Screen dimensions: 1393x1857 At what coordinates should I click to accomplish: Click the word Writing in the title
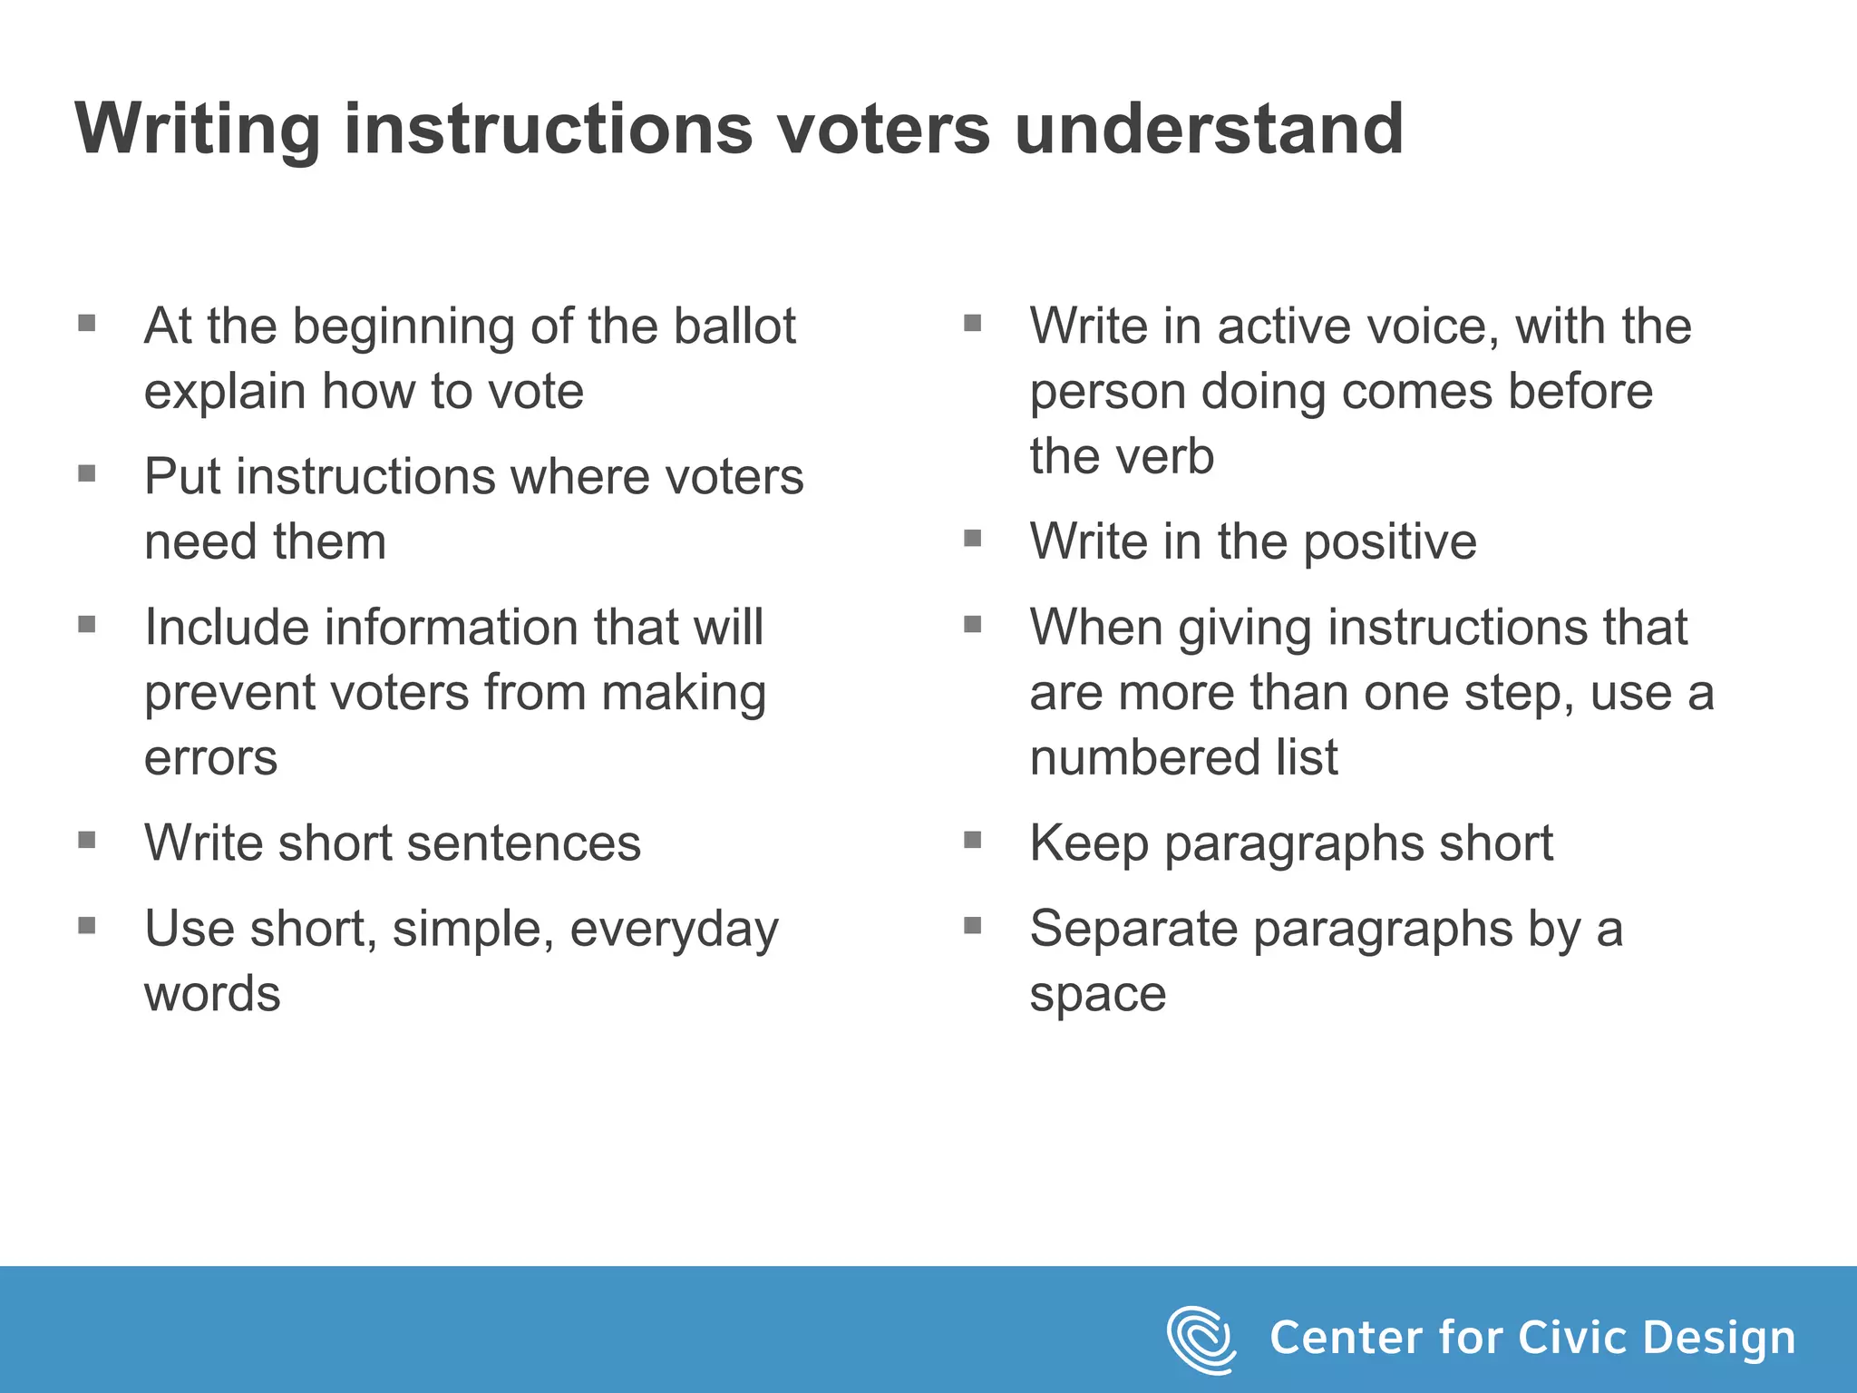[198, 130]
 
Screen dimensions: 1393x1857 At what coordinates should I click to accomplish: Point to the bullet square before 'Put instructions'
[87, 473]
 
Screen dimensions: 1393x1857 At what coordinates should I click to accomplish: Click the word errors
[210, 757]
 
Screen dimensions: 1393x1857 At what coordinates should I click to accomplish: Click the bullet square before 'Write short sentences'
[87, 840]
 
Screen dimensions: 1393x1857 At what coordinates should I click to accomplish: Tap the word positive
[1390, 542]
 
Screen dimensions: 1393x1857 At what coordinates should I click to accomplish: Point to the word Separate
[1133, 929]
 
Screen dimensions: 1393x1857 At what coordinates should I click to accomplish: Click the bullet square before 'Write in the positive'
[973, 539]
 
